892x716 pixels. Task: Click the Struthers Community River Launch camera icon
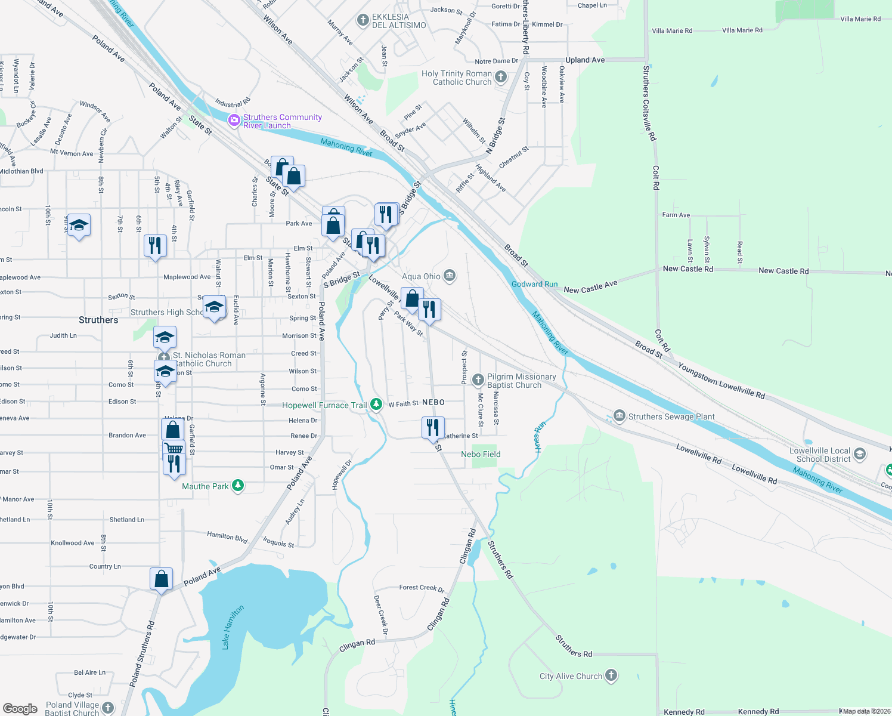234,121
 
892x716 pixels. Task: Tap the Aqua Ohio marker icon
450,276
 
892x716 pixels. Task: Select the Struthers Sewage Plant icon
619,416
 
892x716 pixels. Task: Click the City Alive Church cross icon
611,675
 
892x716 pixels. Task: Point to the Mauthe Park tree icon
238,486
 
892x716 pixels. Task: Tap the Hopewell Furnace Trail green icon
376,405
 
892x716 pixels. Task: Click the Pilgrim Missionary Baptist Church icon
478,380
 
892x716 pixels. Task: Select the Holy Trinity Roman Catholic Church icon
501,77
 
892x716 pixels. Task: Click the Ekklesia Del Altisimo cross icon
363,21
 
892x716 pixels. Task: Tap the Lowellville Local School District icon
859,455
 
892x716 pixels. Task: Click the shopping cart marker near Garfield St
174,447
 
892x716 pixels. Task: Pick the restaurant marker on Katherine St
433,427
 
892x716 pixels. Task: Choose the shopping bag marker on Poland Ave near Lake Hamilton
161,579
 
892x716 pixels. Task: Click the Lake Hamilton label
233,627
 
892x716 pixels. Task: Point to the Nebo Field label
481,454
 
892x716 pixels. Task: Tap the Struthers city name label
98,320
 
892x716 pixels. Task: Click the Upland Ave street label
585,60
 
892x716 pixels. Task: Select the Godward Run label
534,284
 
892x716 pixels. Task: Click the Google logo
20,709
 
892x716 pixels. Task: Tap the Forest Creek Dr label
422,588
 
